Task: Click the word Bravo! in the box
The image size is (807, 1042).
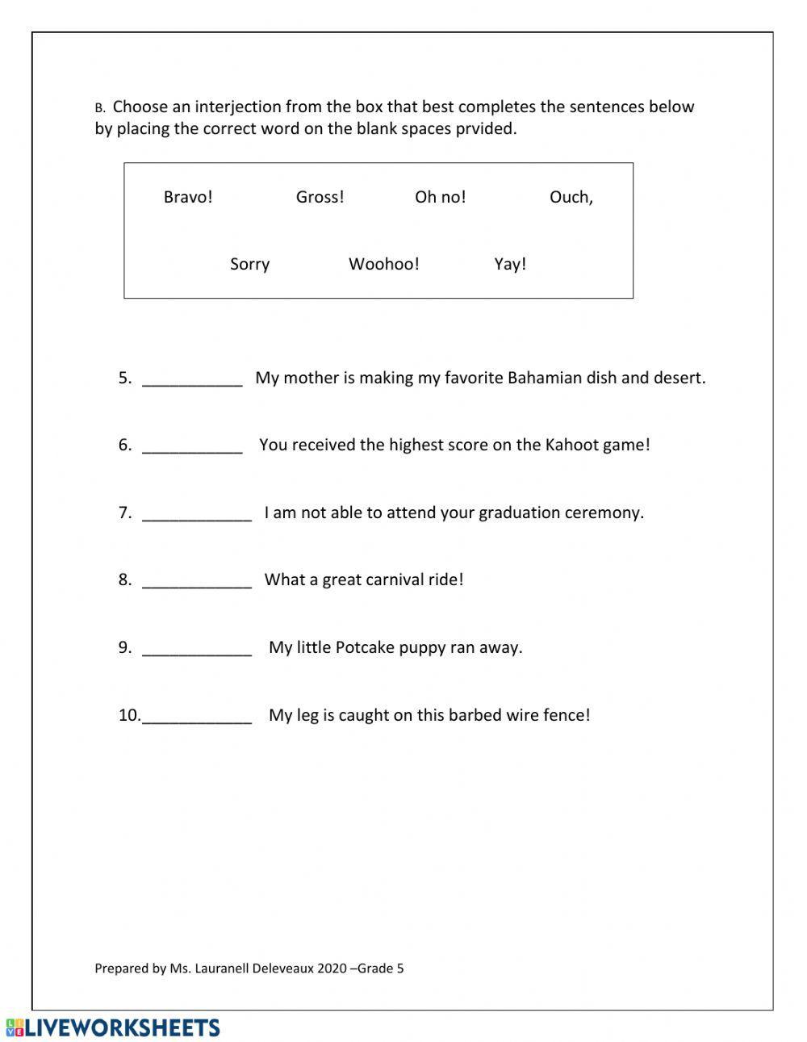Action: [x=188, y=197]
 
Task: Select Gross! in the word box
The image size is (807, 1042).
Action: [x=320, y=197]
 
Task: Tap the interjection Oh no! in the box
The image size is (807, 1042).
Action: [x=440, y=197]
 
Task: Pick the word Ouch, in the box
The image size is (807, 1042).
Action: [x=571, y=197]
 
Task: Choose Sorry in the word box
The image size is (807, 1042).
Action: [x=249, y=264]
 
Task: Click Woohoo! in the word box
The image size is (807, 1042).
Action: [x=383, y=264]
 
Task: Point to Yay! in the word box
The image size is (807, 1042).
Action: [x=510, y=264]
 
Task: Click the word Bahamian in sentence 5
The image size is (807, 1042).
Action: [x=544, y=378]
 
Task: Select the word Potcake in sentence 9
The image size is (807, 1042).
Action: [x=364, y=647]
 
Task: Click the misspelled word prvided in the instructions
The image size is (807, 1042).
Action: [x=487, y=129]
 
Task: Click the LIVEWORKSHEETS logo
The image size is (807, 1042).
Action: [x=112, y=1027]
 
